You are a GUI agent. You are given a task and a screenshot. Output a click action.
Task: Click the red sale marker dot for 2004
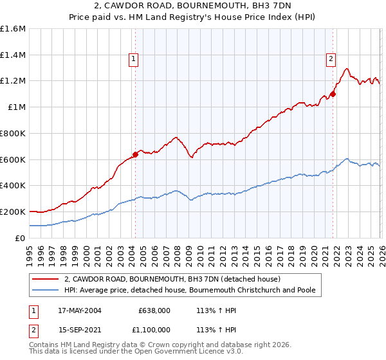[x=136, y=154]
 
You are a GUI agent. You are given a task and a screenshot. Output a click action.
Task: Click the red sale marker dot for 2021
[x=333, y=94]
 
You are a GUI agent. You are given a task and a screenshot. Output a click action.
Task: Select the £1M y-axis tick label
[x=16, y=107]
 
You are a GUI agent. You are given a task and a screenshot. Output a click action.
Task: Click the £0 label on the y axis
[x=21, y=238]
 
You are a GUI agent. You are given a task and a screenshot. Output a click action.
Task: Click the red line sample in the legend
[x=46, y=280]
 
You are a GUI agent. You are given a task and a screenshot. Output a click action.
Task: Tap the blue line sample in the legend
[x=46, y=291]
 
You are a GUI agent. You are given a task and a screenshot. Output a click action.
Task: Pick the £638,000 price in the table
[x=154, y=310]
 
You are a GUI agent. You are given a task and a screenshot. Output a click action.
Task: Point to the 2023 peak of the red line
[x=347, y=69]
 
